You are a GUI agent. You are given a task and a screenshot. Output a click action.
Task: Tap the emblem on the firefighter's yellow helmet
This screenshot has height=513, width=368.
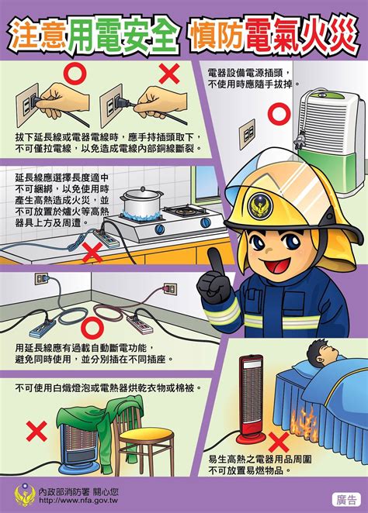pos(260,205)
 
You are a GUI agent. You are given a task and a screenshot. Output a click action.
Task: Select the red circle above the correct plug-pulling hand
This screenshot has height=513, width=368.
pos(75,74)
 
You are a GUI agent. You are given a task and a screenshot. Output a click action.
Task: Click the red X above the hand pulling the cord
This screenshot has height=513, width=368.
pos(169,74)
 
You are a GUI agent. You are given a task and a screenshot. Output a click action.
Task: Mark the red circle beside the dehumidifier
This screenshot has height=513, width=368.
pos(279,114)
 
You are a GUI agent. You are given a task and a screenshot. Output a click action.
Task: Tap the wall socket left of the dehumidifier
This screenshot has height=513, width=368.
pos(248,134)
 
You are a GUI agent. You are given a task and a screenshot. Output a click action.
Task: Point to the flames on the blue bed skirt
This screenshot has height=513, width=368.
pos(304,422)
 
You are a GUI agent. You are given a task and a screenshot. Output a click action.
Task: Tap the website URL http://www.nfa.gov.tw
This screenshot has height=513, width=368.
pos(78,501)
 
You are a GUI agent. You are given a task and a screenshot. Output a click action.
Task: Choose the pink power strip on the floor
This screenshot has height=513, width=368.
pos(140,324)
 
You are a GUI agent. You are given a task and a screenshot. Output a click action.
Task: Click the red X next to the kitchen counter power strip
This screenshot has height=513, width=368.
pos(92,253)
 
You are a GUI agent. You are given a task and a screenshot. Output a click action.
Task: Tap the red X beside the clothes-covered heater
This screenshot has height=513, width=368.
pos(36,431)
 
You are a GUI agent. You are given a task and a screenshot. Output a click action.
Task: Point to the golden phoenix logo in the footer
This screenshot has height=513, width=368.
pos(25,495)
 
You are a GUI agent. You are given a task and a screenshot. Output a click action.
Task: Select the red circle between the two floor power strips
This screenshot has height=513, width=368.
pos(92,328)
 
